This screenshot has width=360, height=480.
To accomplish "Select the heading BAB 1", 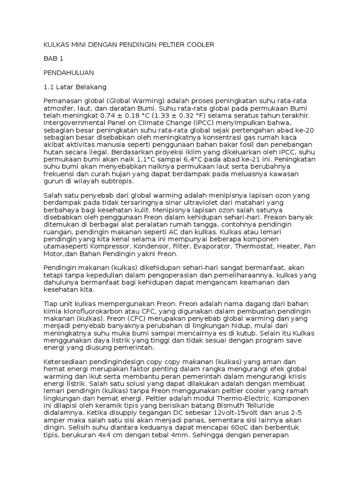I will click(53, 59).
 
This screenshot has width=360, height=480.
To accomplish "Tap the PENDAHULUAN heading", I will click(69, 73).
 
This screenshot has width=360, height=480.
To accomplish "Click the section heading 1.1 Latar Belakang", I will click(75, 87).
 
